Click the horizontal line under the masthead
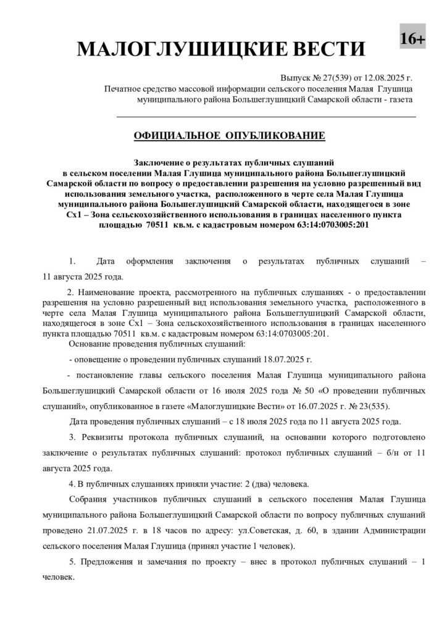[x=266, y=116]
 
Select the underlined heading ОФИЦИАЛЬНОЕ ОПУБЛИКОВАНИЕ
[x=228, y=135]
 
